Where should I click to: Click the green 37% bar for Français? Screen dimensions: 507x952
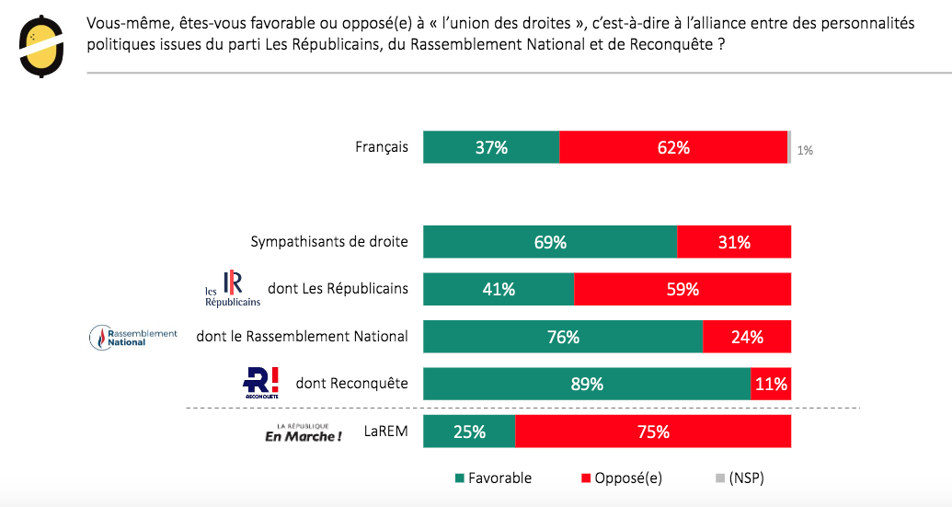click(x=491, y=147)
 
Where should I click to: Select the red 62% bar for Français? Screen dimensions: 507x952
click(x=673, y=147)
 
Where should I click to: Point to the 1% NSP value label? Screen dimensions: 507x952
click(x=805, y=150)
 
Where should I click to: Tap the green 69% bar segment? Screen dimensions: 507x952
click(x=550, y=243)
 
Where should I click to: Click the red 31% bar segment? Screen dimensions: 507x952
click(x=734, y=243)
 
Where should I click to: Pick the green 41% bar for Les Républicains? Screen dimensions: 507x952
click(x=499, y=289)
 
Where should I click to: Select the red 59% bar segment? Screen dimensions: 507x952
click(x=682, y=289)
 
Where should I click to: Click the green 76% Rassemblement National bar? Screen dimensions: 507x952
click(x=563, y=337)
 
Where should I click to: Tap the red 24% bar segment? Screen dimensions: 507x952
click(x=747, y=337)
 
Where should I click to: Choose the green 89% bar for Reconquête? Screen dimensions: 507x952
click(x=587, y=384)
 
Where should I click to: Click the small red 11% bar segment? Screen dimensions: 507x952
click(x=771, y=384)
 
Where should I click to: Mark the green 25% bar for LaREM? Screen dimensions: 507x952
click(x=469, y=432)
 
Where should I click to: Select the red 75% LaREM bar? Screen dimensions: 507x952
click(x=653, y=432)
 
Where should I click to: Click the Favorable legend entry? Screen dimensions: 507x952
click(x=493, y=478)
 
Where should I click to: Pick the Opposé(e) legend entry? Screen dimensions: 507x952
click(x=621, y=478)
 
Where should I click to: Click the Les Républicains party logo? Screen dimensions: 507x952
click(x=232, y=288)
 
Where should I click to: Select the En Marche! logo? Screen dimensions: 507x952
click(x=303, y=432)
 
